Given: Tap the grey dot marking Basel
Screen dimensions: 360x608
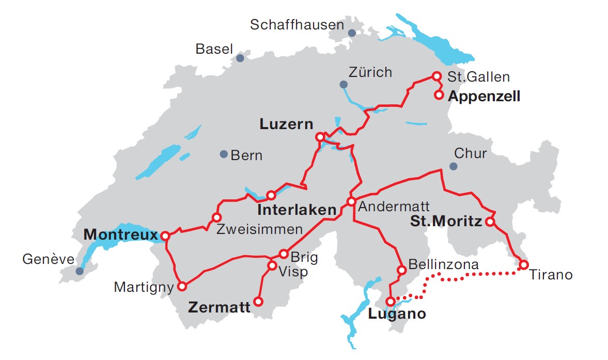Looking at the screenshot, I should coord(240,58).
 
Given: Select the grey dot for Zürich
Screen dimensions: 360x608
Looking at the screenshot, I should coord(344,84).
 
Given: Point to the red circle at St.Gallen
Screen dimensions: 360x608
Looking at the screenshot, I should coord(436,76).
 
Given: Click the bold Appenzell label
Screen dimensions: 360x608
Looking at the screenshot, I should coord(484,96).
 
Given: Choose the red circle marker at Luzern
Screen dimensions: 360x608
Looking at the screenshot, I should coord(320,137).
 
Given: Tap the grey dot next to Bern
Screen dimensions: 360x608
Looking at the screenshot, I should coord(224,154).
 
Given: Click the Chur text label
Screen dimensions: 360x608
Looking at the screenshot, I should coord(470,153).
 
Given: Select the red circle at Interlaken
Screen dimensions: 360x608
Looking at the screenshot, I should coord(271,195).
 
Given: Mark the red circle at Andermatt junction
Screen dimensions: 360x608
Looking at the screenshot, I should coord(351,201).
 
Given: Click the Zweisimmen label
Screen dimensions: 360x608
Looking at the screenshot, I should coord(253,228).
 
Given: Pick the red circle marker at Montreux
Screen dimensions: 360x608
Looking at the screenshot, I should coord(165,236).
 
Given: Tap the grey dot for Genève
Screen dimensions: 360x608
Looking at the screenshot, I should coord(79,271).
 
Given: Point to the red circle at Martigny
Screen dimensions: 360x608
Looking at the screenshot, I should coord(182,286).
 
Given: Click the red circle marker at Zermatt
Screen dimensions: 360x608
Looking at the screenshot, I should coord(258,301).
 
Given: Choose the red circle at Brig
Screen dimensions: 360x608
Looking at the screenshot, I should coord(283,254).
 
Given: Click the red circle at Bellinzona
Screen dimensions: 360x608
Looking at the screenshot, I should coord(401,270).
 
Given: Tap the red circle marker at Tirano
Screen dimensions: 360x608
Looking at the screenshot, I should coord(523,265).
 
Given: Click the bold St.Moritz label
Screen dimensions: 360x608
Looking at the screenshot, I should coord(446,222).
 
